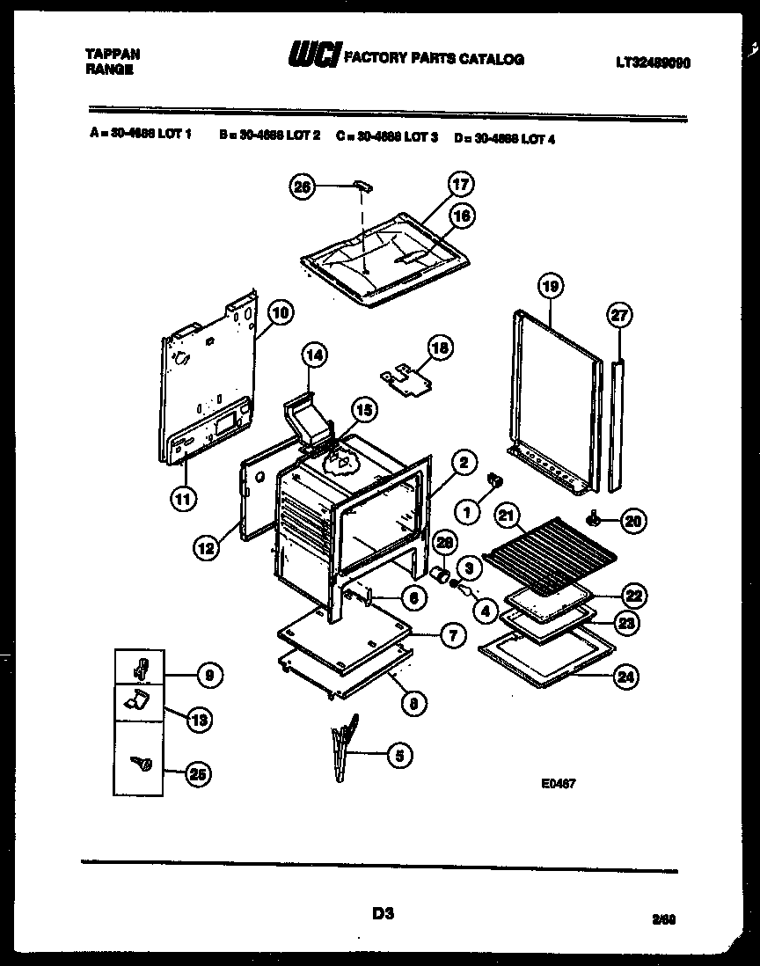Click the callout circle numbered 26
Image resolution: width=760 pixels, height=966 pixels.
tap(303, 186)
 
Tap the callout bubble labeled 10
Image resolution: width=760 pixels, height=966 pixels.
tap(280, 311)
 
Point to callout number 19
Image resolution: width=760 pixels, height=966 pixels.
tap(551, 286)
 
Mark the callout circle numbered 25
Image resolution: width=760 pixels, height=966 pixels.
tap(199, 774)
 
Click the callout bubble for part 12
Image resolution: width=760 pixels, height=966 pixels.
tap(206, 546)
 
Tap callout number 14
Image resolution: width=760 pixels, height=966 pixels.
tap(312, 355)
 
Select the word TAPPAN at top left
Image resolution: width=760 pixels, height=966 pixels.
tap(111, 54)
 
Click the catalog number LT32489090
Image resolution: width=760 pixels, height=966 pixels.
tap(653, 62)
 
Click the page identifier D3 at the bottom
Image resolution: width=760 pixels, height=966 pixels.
tap(382, 914)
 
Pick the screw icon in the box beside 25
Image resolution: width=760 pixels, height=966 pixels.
tap(139, 764)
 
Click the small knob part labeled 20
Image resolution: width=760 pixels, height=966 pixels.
tap(597, 521)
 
